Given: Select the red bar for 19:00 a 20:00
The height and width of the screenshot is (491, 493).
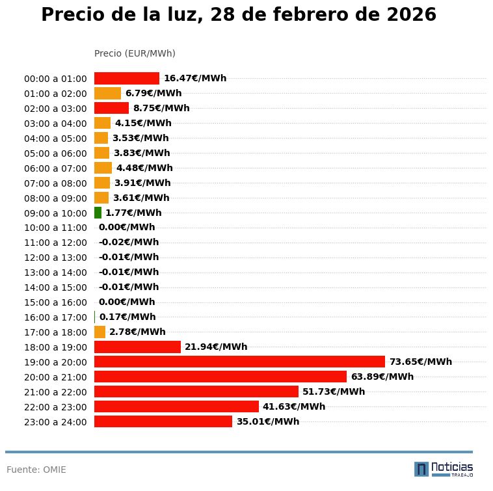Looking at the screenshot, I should click(x=239, y=362).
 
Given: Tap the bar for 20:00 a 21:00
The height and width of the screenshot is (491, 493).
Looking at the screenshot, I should click(x=220, y=377).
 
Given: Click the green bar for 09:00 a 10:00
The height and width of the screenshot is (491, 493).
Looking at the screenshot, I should click(x=98, y=213).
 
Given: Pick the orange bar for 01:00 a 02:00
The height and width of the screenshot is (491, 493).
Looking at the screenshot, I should click(x=107, y=93).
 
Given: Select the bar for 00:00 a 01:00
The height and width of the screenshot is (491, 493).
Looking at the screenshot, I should click(x=127, y=78).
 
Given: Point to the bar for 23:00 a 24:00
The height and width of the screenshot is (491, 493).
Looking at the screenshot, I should click(x=163, y=421).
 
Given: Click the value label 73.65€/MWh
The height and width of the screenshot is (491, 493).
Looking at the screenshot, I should click(x=420, y=362).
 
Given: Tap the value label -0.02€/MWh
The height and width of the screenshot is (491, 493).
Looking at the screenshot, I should click(x=129, y=243).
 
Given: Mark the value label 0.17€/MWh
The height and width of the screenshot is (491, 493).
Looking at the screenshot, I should click(x=127, y=317).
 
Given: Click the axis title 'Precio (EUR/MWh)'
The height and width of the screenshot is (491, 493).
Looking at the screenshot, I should click(x=135, y=53).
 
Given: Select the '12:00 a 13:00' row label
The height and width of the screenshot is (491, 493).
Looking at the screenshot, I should click(x=55, y=258).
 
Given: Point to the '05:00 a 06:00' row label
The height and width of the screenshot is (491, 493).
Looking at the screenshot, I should click(x=55, y=153).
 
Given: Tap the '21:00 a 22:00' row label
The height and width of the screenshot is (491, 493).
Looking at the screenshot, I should click(x=55, y=392).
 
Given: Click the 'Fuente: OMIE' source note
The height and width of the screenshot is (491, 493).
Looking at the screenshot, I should click(x=36, y=470).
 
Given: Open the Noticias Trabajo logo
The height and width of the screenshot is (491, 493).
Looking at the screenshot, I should click(x=444, y=469).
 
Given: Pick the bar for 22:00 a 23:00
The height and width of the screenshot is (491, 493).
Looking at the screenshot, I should click(x=176, y=406).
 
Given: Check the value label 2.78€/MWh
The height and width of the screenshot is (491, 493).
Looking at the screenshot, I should click(x=137, y=332).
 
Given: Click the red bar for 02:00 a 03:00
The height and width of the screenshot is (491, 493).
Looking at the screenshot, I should click(x=111, y=108).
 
